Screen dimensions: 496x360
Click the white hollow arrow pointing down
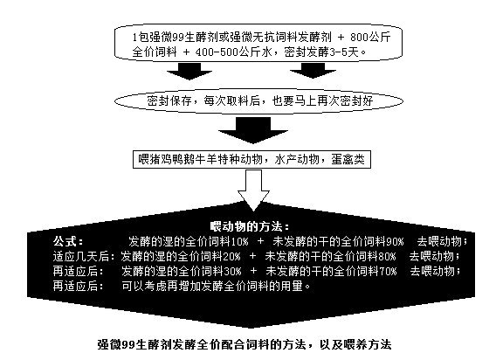[x=253, y=189]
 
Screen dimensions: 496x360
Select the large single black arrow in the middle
[x=253, y=130]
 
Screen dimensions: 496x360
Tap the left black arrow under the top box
[x=189, y=71]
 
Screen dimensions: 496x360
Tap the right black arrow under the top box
[x=313, y=70]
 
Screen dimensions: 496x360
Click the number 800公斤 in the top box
[x=370, y=38]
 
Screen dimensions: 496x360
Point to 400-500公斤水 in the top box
[x=234, y=52]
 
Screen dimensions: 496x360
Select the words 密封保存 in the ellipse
[x=169, y=100]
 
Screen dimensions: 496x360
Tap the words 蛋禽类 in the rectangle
[x=348, y=159]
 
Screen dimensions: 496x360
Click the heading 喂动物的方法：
[x=250, y=226]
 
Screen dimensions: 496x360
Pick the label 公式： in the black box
[x=68, y=241]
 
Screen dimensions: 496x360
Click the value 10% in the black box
[x=240, y=241]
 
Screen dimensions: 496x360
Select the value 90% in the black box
[x=395, y=241]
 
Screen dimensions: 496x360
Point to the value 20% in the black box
[x=232, y=256]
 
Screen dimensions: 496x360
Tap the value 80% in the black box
[x=387, y=256]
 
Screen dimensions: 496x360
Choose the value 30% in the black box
[x=233, y=271]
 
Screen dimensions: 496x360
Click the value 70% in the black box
[x=388, y=271]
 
